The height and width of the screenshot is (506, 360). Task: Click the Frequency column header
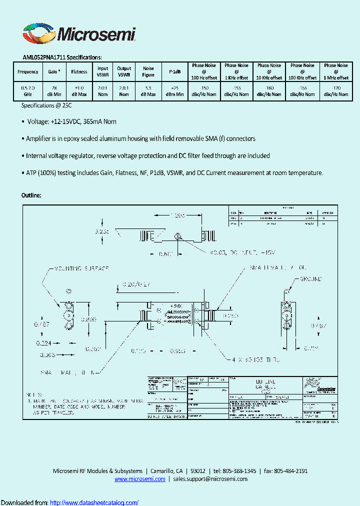pos(27,72)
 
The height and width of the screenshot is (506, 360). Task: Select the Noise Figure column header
pos(148,72)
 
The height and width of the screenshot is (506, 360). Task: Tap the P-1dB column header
pos(175,72)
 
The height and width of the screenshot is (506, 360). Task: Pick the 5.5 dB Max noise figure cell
pos(148,91)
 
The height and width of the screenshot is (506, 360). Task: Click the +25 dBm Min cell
pos(175,91)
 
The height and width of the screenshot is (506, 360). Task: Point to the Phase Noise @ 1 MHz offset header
pos(336,71)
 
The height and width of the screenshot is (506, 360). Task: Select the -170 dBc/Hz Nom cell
pos(336,91)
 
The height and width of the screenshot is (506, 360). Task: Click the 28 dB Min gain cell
pos(54,91)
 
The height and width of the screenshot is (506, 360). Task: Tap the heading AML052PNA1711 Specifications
pos(62,57)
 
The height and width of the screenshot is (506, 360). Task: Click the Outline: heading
pos(31,195)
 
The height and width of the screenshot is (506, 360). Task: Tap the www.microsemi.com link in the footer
pos(139,479)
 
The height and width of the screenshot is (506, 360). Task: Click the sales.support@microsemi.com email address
pos(210,479)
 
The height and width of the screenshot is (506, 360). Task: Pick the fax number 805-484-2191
pos(290,471)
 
